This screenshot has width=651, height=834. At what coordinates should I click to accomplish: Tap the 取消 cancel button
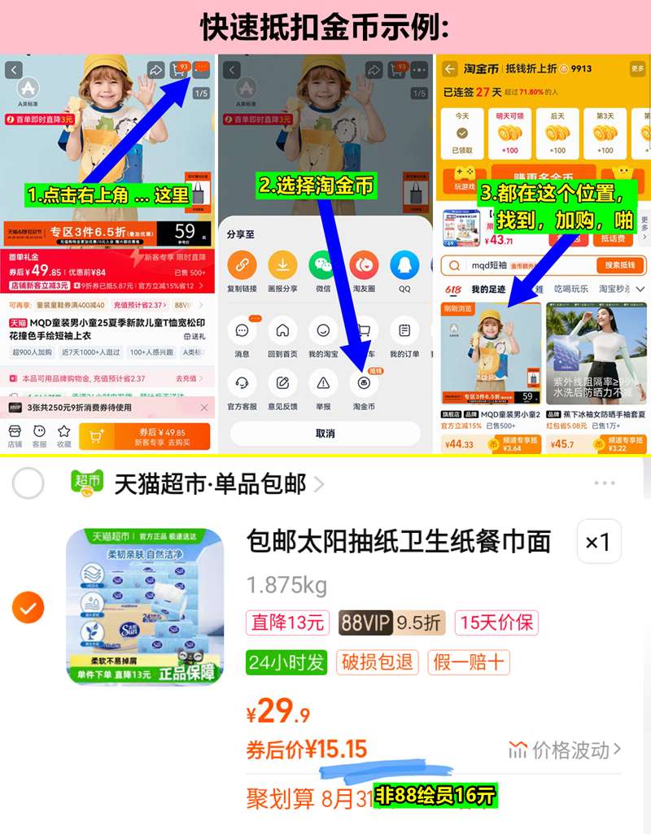pos(325,434)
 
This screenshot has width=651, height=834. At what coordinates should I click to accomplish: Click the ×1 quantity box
pos(598,541)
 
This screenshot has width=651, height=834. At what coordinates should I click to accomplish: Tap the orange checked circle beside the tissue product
pos(28,607)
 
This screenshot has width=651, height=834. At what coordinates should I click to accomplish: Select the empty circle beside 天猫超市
pos(28,484)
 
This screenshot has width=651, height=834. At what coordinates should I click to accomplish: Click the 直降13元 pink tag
pos(287,623)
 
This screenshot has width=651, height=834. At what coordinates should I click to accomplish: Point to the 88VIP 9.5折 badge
pos(391,623)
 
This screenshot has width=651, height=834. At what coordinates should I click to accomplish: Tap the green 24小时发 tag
pos(286,662)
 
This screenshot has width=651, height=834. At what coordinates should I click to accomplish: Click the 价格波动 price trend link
pos(566,749)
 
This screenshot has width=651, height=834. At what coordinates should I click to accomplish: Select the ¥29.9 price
pos(278,713)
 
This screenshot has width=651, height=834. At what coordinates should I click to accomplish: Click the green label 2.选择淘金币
pos(317,186)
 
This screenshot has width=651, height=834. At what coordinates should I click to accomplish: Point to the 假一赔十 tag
pos(469,662)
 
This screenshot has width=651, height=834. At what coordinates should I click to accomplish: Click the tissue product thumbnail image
pos(145,607)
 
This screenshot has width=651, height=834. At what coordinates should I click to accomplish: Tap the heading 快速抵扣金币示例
pos(325,27)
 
